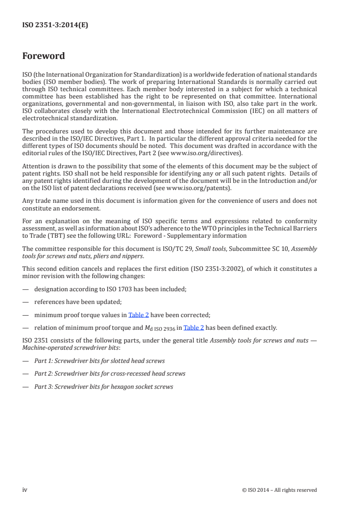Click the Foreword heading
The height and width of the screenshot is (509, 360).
[44, 56]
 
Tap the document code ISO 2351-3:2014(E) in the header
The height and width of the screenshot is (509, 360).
[55, 25]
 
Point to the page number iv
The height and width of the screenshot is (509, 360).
[25, 489]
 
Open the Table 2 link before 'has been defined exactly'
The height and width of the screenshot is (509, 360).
[193, 328]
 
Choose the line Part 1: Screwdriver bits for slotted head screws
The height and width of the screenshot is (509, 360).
[99, 361]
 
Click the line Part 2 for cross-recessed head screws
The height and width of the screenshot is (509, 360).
[109, 374]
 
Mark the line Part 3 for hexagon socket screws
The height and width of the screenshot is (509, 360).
[104, 387]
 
